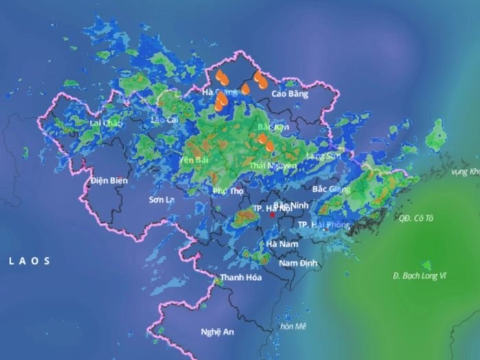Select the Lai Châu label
[106, 123]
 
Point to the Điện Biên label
[109, 180]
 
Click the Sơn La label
[161, 200]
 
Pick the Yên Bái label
[193, 159]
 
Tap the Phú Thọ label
[228, 191]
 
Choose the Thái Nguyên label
[274, 165]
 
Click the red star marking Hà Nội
[272, 215]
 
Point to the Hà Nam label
[281, 243]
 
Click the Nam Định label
[296, 263]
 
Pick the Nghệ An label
[217, 332]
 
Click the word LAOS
[29, 261]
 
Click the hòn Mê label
[292, 326]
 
